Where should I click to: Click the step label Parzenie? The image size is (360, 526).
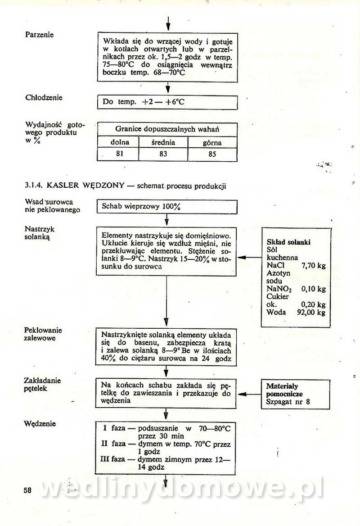[x=40, y=35]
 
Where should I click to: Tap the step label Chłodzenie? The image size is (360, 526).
[x=44, y=97]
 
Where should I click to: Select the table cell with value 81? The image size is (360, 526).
[x=120, y=154]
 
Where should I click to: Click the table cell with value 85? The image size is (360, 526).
[x=212, y=154]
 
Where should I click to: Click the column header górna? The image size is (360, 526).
[x=212, y=143]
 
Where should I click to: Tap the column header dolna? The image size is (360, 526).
[x=120, y=142]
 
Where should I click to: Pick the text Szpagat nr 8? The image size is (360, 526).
[x=288, y=401]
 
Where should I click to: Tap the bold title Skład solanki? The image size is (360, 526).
[x=288, y=242]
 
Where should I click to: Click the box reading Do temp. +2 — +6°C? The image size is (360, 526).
[x=167, y=102]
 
